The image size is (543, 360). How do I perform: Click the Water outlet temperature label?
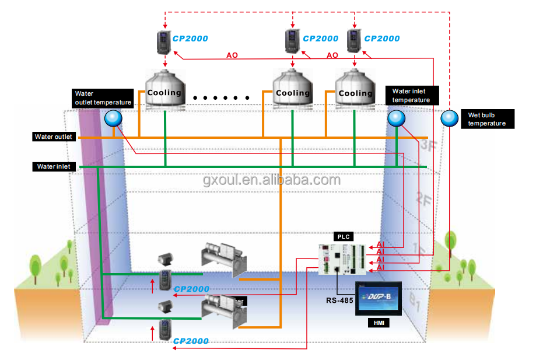coord(103,98)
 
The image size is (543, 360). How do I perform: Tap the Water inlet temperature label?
coord(411,96)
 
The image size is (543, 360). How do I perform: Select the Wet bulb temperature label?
coord(487,119)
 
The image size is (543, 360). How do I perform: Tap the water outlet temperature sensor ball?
coord(113,119)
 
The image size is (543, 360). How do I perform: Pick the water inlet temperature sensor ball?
coord(396,118)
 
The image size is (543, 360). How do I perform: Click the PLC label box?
coord(343,236)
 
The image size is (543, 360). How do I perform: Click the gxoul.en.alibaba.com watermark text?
coord(271,180)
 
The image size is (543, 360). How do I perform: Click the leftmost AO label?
coord(232,55)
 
